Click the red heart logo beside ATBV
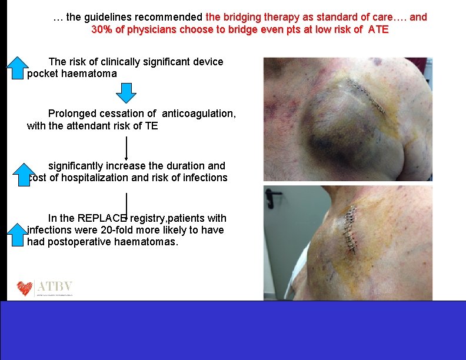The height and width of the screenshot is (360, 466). [25, 288]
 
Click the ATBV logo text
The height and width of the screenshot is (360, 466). [55, 287]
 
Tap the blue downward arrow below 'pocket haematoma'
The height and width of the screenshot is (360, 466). [126, 92]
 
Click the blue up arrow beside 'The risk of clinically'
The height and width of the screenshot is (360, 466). [18, 67]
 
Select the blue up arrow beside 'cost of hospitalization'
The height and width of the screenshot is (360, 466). [19, 174]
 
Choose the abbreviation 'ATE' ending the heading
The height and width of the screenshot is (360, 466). [378, 29]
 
